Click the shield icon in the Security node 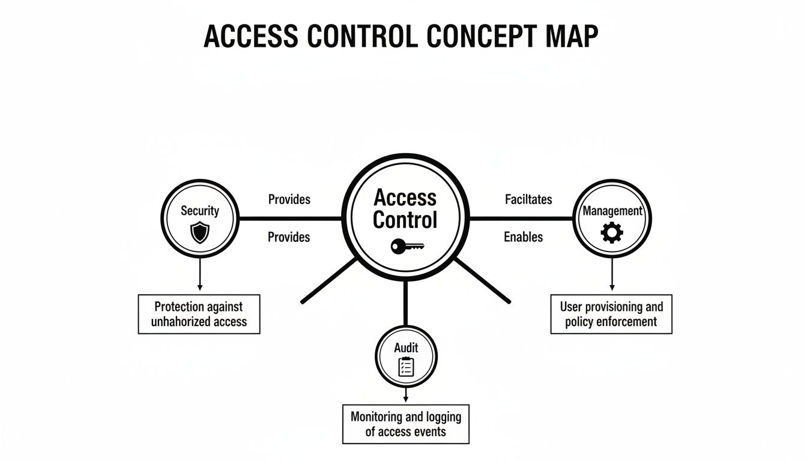coord(199,233)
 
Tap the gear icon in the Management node coord(612,233)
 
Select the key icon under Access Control coord(407,246)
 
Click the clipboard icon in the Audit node coord(406,367)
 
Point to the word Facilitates coord(528,199)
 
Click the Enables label coord(523,237)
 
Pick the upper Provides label coord(289,199)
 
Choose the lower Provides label coord(289,237)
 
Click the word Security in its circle coord(200,211)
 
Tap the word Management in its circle coord(612,211)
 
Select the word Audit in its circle coord(406,348)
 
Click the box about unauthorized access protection coord(199,314)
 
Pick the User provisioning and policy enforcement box coord(611,314)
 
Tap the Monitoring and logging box coord(406,424)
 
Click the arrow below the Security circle coord(200,274)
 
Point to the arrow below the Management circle coord(612,274)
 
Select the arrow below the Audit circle coord(406,395)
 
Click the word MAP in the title coord(572,36)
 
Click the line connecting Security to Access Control coord(290,218)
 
